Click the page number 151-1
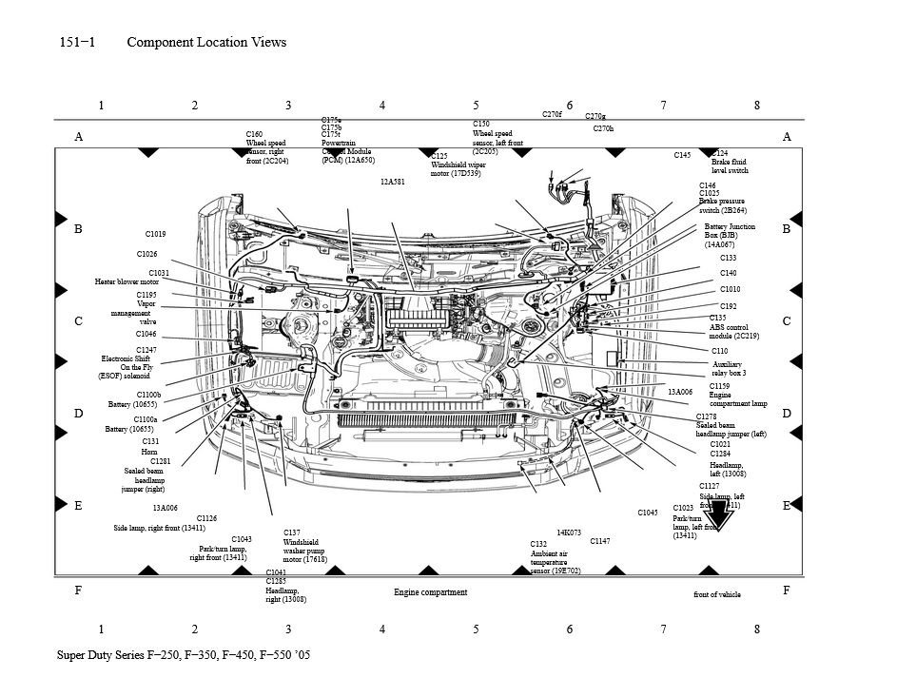coord(77,42)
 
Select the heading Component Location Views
coord(205,42)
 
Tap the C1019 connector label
coord(155,234)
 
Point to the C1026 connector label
coord(146,254)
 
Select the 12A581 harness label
coord(392,181)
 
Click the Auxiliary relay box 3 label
coord(729,369)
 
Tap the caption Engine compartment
coord(430,592)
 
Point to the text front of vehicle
coord(716,594)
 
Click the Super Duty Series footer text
coord(183,656)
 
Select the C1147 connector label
coord(599,541)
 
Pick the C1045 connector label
coord(647,513)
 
